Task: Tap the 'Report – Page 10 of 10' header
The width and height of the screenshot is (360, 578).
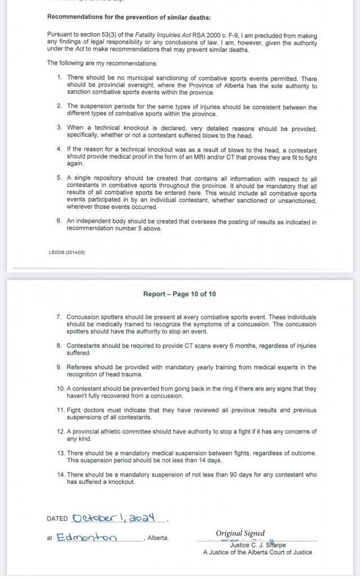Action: pyautogui.click(x=179, y=294)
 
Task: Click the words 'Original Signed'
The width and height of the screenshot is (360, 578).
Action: pyautogui.click(x=240, y=533)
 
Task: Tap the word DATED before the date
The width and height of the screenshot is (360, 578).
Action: pyautogui.click(x=56, y=519)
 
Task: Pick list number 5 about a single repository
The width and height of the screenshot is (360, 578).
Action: pyautogui.click(x=59, y=177)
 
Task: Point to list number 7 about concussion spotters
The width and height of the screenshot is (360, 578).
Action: pyautogui.click(x=59, y=318)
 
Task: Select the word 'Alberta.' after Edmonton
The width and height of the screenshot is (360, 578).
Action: pyautogui.click(x=157, y=538)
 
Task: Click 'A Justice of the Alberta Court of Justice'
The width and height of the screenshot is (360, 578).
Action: pyautogui.click(x=257, y=553)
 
